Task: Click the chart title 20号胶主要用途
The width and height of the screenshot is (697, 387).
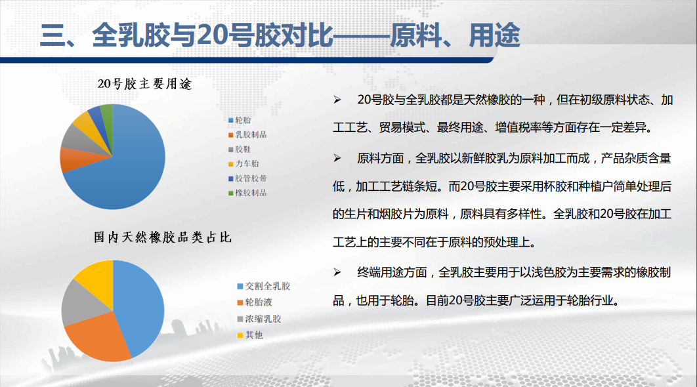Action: pyautogui.click(x=144, y=83)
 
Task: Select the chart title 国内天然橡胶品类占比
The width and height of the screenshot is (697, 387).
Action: pyautogui.click(x=163, y=237)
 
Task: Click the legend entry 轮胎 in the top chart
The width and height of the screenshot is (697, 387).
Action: pyautogui.click(x=240, y=120)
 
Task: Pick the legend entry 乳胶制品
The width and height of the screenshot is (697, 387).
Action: pyautogui.click(x=247, y=134)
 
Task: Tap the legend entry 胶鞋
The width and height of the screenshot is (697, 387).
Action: pyautogui.click(x=240, y=150)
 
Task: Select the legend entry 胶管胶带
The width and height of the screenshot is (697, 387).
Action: pyautogui.click(x=247, y=178)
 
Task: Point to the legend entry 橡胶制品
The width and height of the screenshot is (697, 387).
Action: pyautogui.click(x=247, y=193)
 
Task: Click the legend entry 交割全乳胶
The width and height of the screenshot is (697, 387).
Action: pyautogui.click(x=264, y=286)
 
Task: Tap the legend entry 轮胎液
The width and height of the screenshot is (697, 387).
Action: pyautogui.click(x=255, y=302)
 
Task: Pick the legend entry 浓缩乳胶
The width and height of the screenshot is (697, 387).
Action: pyautogui.click(x=259, y=319)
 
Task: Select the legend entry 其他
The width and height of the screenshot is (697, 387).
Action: pyautogui.click(x=250, y=335)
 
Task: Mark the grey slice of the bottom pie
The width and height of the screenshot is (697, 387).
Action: pyautogui.click(x=80, y=304)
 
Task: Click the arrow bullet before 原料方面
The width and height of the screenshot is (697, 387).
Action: pyautogui.click(x=337, y=158)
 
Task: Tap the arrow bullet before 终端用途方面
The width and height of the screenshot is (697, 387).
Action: pyautogui.click(x=337, y=272)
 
